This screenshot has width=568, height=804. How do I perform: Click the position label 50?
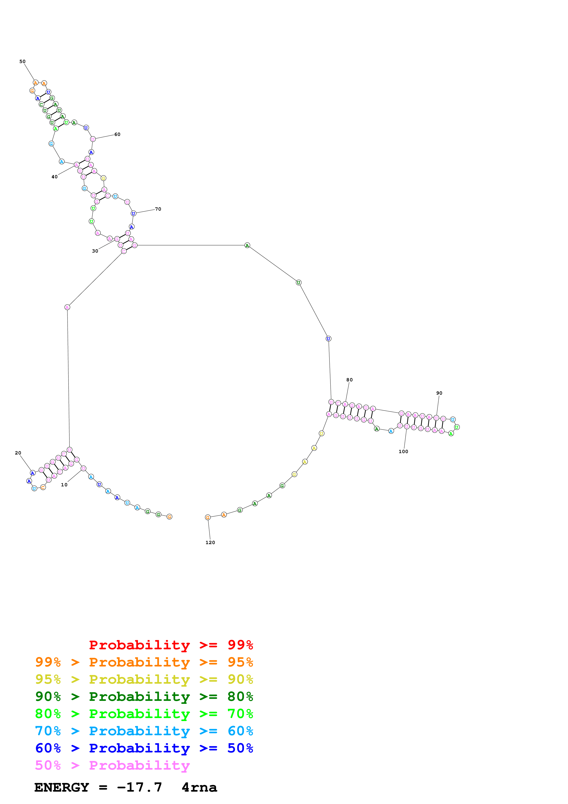[x=22, y=62]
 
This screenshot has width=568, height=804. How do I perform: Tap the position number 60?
[x=117, y=135]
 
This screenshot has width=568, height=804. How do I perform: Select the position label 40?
[x=55, y=177]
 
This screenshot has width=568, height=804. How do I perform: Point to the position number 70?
[x=158, y=209]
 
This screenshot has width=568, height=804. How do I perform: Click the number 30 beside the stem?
[x=95, y=251]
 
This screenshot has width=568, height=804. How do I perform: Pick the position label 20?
[x=18, y=453]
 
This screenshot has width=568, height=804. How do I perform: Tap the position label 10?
[x=64, y=485]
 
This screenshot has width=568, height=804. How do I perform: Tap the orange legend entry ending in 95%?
[x=144, y=662]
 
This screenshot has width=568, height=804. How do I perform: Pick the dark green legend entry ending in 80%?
[x=144, y=697]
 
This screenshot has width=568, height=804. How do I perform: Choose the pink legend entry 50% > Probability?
[x=112, y=765]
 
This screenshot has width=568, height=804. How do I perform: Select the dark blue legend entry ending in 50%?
[x=144, y=748]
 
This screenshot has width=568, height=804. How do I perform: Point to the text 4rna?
[x=200, y=787]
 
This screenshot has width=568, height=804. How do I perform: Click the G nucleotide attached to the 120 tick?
[x=208, y=517]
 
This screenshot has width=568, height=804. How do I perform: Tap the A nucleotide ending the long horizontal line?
[x=247, y=245]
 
